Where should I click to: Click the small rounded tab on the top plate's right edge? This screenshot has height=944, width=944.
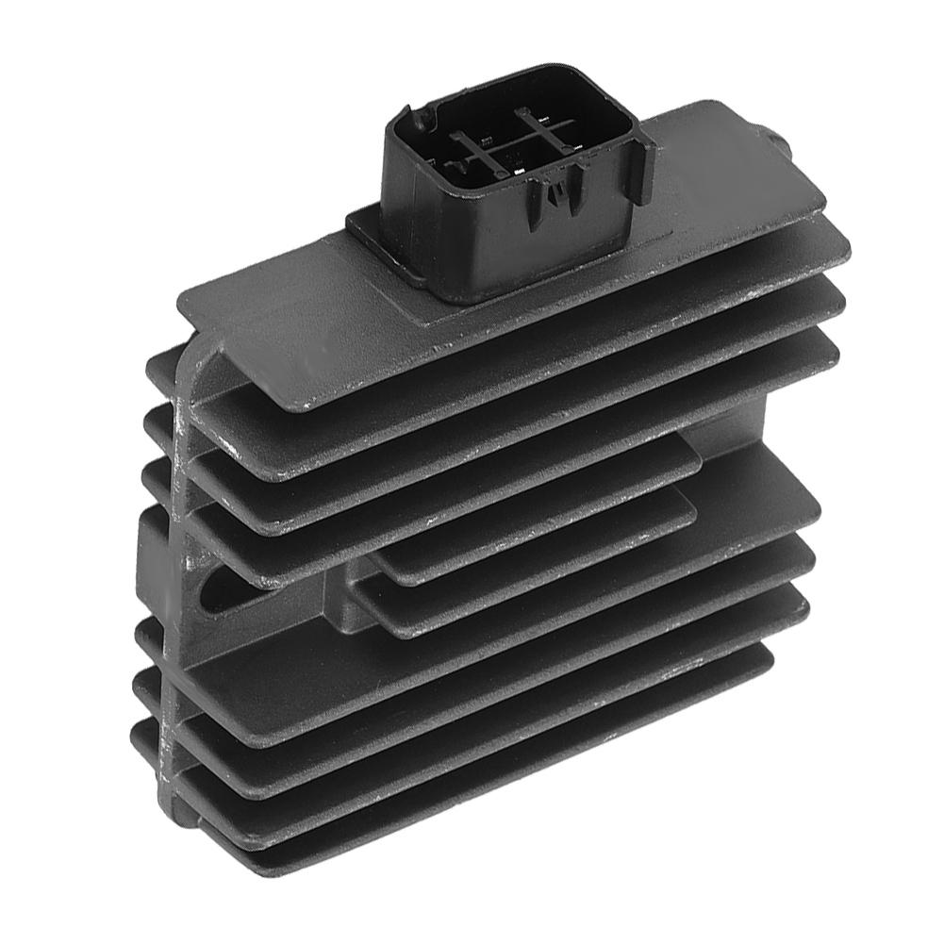[778, 142]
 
